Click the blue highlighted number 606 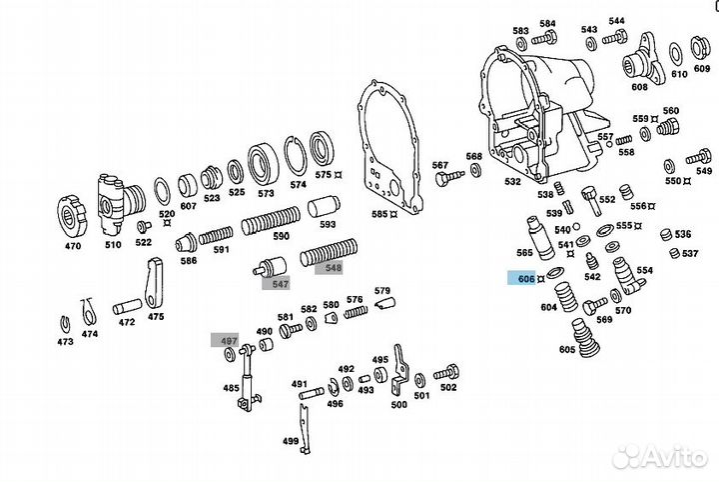(x=526, y=279)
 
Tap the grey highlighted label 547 (x=276, y=284)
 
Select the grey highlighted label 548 (x=331, y=267)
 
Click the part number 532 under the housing (x=512, y=182)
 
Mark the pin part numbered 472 (x=126, y=303)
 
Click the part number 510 (x=113, y=244)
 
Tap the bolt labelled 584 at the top (x=545, y=39)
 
